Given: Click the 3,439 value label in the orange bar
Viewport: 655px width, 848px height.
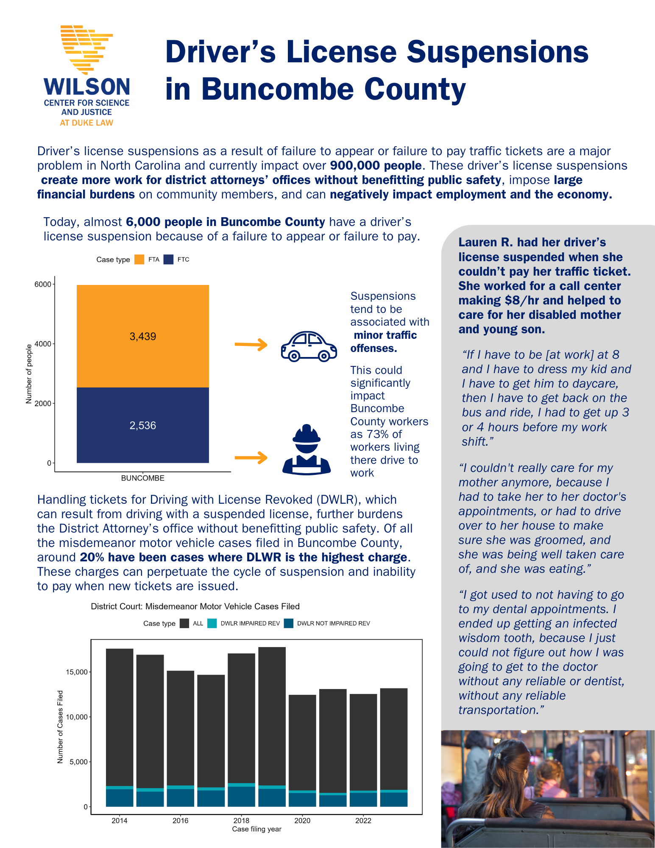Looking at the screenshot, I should pyautogui.click(x=143, y=337).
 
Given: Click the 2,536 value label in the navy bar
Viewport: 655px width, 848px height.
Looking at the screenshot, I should pyautogui.click(x=143, y=426).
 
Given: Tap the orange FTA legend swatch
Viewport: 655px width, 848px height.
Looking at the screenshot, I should pyautogui.click(x=139, y=259).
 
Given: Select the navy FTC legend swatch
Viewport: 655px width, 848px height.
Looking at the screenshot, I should pyautogui.click(x=169, y=259).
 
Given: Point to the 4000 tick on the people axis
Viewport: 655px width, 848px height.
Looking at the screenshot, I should pyautogui.click(x=43, y=344).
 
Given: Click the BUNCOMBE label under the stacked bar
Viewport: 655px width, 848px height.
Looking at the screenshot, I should pyautogui.click(x=143, y=478).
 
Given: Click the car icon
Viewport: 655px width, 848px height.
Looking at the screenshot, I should pyautogui.click(x=309, y=346).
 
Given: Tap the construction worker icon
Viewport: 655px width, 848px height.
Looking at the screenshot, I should pyautogui.click(x=307, y=450).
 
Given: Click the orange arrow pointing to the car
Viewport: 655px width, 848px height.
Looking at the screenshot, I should pyautogui.click(x=251, y=344).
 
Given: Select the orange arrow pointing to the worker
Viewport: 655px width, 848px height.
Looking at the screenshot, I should pyautogui.click(x=251, y=457).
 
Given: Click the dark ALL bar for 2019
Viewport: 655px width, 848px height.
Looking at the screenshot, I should pyautogui.click(x=272, y=717).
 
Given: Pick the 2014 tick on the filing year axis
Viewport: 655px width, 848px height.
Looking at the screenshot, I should pyautogui.click(x=120, y=820).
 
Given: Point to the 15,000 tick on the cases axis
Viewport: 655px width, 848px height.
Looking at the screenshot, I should pyautogui.click(x=77, y=672).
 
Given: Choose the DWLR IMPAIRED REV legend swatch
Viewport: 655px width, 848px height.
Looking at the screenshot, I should pyautogui.click(x=212, y=623).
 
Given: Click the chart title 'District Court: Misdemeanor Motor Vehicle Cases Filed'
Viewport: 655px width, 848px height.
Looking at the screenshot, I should pyautogui.click(x=195, y=606).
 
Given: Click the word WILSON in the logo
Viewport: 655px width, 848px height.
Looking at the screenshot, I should pyautogui.click(x=87, y=87).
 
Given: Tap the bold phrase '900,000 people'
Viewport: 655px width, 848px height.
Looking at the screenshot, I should pyautogui.click(x=376, y=165).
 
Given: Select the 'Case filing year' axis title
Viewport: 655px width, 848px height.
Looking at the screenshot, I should pyautogui.click(x=256, y=829).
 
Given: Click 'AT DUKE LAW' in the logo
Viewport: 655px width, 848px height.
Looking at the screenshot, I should pyautogui.click(x=86, y=123).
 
